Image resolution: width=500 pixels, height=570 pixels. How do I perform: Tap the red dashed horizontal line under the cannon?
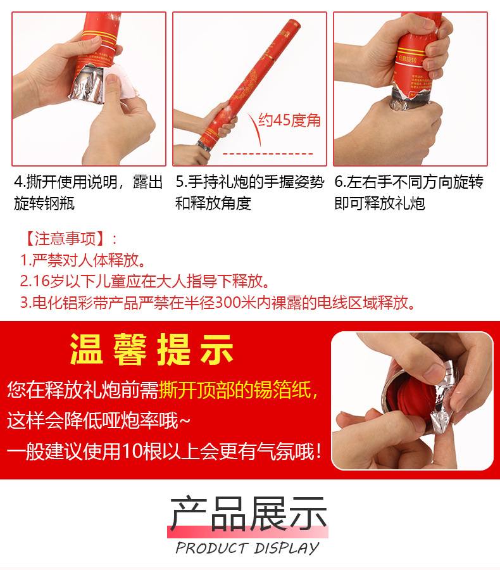(x=270, y=154)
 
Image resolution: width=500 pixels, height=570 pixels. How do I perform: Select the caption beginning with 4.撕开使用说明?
(x=88, y=193)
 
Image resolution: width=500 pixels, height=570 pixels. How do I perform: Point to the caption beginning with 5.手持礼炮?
(x=249, y=193)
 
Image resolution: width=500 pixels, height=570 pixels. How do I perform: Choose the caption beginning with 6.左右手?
(x=409, y=193)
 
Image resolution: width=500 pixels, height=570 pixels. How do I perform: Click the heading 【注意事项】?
(x=69, y=239)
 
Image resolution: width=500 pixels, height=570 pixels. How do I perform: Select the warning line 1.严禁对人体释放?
(x=83, y=260)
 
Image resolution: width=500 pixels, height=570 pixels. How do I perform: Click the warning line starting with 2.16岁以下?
(x=144, y=281)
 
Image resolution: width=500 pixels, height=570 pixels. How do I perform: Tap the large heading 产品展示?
(x=248, y=514)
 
